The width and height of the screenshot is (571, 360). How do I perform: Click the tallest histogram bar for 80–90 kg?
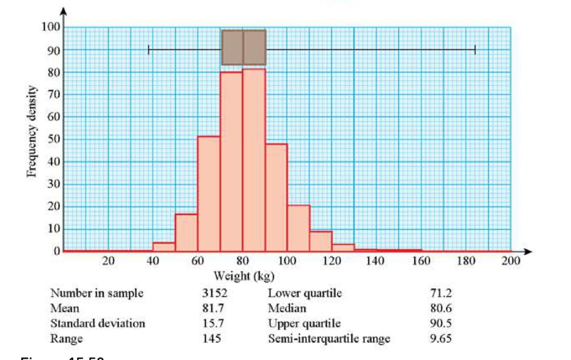click(254, 160)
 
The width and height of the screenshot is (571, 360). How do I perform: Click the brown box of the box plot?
click(244, 47)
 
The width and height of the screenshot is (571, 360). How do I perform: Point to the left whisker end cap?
click(149, 50)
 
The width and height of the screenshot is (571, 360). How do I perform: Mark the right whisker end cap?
click(475, 50)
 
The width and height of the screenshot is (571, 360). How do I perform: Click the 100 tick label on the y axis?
click(51, 27)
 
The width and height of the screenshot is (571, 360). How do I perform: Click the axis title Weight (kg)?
click(244, 277)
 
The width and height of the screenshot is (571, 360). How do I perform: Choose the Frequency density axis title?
click(33, 131)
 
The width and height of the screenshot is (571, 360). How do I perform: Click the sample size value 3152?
click(215, 294)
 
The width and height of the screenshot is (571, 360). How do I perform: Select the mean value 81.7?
click(213, 309)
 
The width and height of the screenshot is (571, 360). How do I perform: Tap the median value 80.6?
click(441, 309)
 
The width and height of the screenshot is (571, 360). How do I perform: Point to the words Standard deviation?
click(98, 323)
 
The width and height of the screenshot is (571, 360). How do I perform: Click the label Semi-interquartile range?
click(329, 339)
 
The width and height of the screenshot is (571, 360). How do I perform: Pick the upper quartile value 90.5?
click(441, 323)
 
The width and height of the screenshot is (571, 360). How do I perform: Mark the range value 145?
click(212, 339)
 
